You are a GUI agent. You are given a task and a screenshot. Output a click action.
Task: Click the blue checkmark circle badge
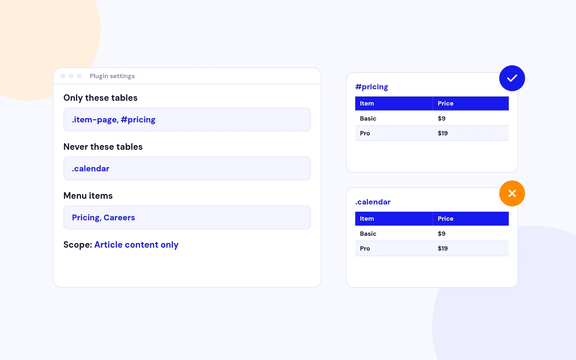click(x=512, y=78)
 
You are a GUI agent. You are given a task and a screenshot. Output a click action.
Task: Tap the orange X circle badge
click(x=512, y=193)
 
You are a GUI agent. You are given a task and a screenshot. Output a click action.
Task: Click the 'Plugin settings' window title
click(x=112, y=76)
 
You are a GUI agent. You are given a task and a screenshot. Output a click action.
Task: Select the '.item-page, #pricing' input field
click(x=187, y=120)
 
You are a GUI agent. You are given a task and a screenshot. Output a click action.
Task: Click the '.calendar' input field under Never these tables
click(x=187, y=168)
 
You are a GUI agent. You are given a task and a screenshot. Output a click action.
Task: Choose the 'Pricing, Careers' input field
click(x=187, y=217)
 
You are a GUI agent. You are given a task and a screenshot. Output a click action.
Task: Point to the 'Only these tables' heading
click(x=100, y=98)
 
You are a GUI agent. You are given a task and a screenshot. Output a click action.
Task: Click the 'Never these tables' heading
click(x=103, y=147)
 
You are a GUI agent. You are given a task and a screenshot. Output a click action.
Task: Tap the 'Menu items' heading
click(x=88, y=196)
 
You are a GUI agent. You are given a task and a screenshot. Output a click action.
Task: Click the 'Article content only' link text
click(x=136, y=245)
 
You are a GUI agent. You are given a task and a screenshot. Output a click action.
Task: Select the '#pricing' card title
click(x=372, y=87)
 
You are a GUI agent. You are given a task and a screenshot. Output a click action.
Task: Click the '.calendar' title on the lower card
click(x=373, y=202)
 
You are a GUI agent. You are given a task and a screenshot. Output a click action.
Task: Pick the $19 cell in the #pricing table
click(x=442, y=133)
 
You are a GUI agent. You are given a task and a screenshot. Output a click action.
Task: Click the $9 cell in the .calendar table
click(x=441, y=234)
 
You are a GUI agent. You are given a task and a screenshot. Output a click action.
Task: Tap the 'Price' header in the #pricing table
click(x=445, y=103)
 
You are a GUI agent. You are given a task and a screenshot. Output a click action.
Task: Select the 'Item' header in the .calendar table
click(x=367, y=219)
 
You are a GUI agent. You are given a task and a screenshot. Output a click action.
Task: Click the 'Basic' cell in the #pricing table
click(x=368, y=118)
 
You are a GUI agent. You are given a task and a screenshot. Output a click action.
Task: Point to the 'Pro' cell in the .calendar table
click(x=365, y=248)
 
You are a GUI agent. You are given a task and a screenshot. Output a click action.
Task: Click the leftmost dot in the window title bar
click(x=63, y=76)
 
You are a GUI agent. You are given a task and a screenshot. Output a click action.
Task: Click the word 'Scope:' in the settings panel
click(x=78, y=245)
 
